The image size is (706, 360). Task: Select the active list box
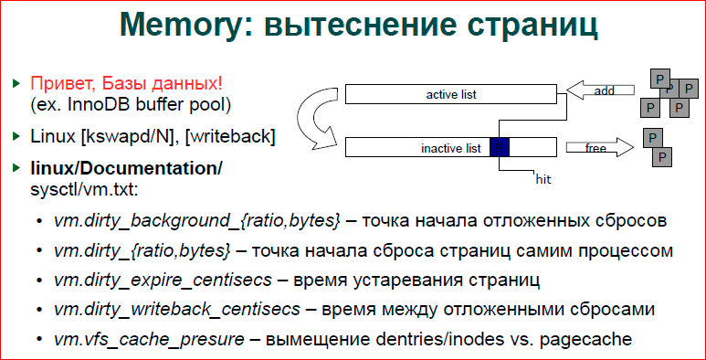pyautogui.click(x=451, y=93)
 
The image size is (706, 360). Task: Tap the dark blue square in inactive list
pyautogui.click(x=501, y=146)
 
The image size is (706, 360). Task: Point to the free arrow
pyautogui.click(x=597, y=146)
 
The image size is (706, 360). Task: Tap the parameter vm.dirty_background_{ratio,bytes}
pyautogui.click(x=197, y=222)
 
